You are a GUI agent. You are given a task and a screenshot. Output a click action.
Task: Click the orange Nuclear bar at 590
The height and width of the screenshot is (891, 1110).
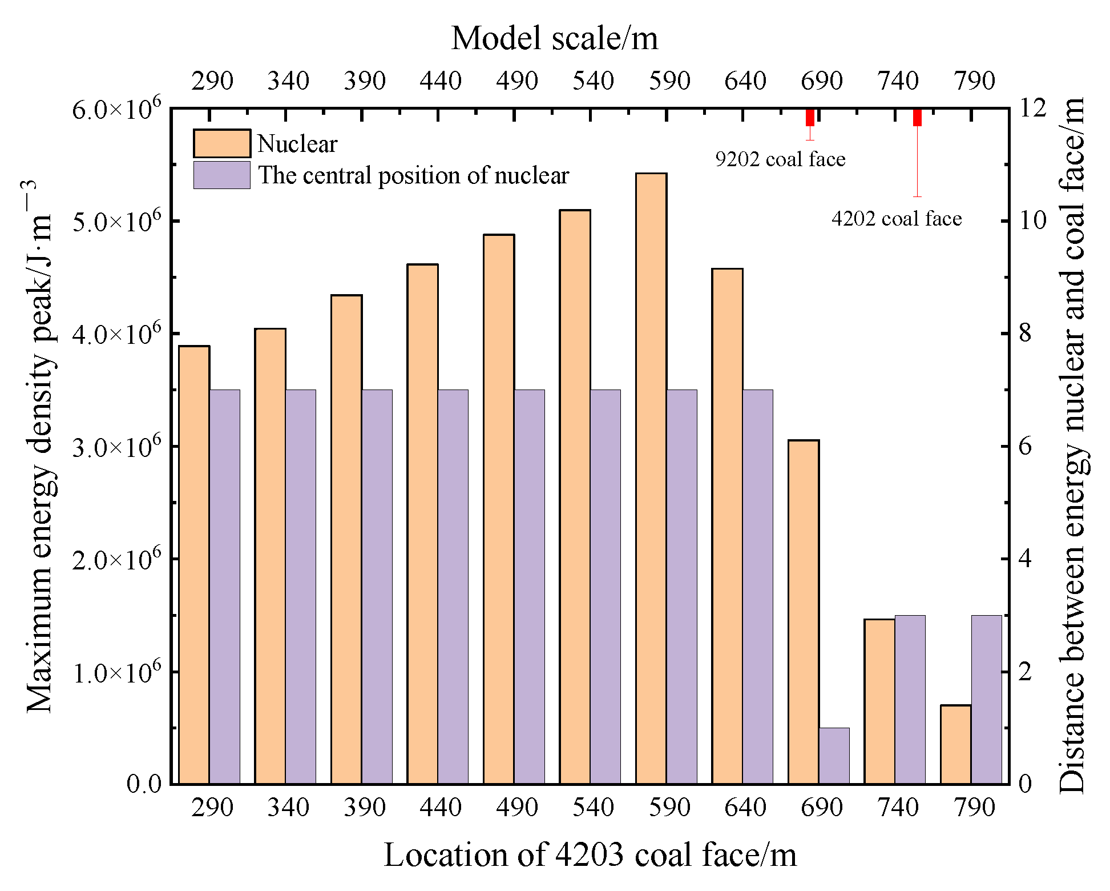651,478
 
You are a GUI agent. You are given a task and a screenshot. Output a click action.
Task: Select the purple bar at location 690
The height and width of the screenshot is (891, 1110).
834,755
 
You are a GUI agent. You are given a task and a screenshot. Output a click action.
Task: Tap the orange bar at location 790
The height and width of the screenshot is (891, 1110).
956,744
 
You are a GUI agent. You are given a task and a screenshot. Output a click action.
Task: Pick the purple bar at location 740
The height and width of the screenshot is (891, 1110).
910,699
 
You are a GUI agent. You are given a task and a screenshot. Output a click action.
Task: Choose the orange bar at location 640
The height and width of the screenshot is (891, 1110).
727,525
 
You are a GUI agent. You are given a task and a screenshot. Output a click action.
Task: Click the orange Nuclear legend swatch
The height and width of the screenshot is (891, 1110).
221,143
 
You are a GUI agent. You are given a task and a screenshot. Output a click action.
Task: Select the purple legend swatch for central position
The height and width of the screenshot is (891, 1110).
221,175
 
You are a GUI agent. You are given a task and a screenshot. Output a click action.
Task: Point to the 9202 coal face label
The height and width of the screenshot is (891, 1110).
780,159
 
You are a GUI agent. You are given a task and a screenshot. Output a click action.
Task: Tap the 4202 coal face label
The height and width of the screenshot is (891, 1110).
897,219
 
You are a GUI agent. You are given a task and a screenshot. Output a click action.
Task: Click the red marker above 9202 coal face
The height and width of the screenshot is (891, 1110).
810,117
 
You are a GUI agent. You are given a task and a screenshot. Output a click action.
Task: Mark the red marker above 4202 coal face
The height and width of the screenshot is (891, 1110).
917,117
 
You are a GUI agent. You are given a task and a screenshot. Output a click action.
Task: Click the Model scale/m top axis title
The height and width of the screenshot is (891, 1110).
554,39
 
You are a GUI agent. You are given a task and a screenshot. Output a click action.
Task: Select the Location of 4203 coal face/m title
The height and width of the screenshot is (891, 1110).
590,855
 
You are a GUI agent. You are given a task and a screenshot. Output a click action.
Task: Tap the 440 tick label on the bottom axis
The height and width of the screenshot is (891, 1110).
440,808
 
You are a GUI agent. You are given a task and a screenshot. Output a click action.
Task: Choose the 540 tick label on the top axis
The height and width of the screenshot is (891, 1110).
593,81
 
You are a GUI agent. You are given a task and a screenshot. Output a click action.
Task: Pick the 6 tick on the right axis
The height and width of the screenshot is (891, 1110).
1026,446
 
